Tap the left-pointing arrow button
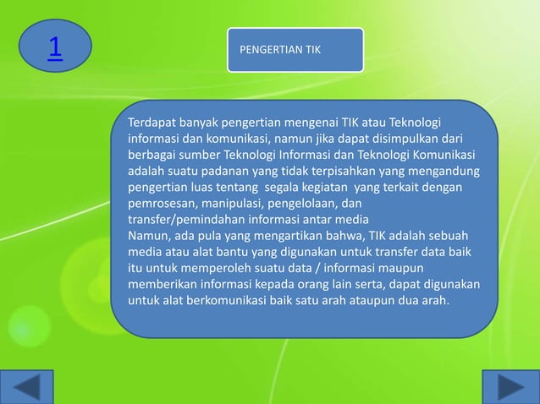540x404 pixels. (x=33, y=387)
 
